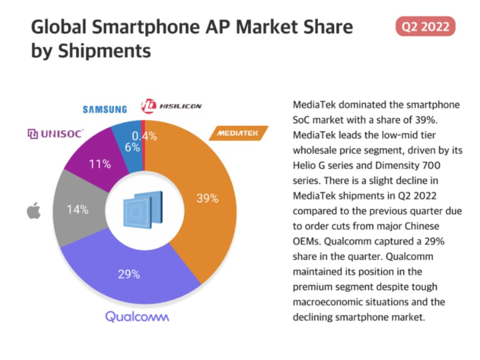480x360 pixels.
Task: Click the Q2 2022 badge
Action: click(x=425, y=27)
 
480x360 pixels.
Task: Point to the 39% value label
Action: click(x=207, y=198)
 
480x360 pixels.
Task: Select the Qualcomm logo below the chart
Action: click(x=137, y=315)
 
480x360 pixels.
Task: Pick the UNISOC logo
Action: click(x=55, y=134)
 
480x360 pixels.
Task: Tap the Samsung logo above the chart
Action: click(x=105, y=109)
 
